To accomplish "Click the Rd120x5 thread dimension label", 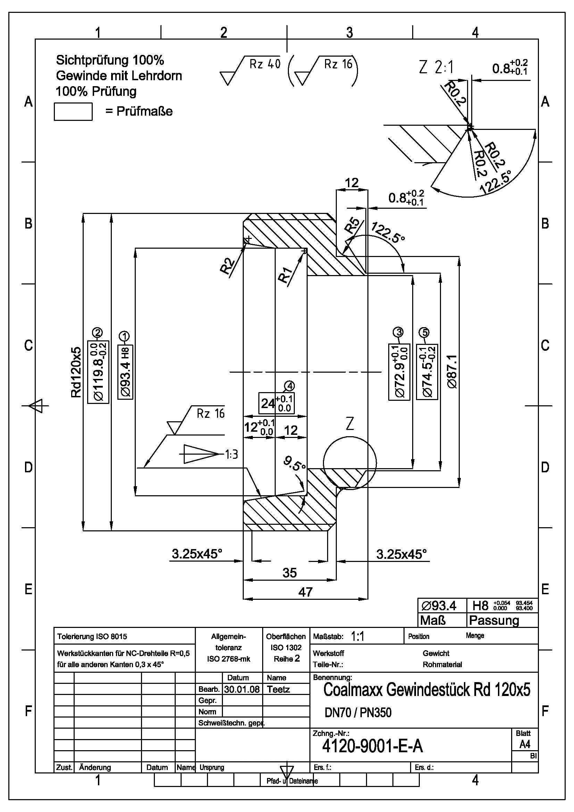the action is [x=76, y=372].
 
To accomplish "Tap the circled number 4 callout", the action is [x=289, y=386].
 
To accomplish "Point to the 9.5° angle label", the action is [x=294, y=463].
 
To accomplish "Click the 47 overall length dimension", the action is [x=305, y=592].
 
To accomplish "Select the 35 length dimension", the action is [x=290, y=573].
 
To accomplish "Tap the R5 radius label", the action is [x=352, y=226].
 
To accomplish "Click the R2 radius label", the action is [x=228, y=266].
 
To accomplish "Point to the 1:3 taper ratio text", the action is [x=231, y=454].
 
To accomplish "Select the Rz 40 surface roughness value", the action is [x=265, y=64].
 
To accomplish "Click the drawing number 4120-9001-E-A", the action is [x=372, y=746].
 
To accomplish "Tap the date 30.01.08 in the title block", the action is [x=242, y=689].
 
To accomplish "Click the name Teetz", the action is [x=278, y=689].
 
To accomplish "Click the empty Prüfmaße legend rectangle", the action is [x=73, y=112].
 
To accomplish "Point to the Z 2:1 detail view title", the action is [x=436, y=67].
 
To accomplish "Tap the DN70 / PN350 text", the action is [x=358, y=712].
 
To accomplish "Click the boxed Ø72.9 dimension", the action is [x=399, y=372].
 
